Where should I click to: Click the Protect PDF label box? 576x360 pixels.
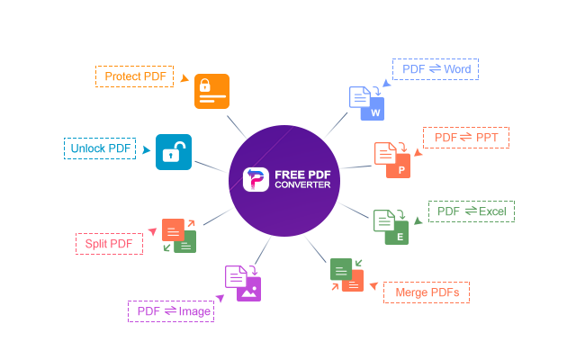tap(135, 76)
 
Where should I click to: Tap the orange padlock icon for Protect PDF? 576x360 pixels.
tap(211, 91)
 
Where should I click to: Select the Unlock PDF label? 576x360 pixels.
tap(100, 148)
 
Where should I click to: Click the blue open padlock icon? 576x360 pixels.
tap(173, 152)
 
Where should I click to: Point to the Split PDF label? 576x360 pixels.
tap(109, 243)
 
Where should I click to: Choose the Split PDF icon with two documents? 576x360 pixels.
tap(179, 235)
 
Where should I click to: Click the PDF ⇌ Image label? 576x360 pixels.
tap(171, 311)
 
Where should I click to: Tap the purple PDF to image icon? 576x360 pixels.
tap(242, 283)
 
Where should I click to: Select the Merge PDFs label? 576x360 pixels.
tap(427, 292)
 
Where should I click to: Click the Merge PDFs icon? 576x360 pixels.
tap(346, 275)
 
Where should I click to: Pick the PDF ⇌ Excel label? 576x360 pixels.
tap(471, 211)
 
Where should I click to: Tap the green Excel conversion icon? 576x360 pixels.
tap(391, 227)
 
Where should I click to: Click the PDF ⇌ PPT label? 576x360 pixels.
tap(466, 138)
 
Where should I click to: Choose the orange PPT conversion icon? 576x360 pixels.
tap(392, 159)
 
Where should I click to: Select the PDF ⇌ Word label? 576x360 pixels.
tap(436, 69)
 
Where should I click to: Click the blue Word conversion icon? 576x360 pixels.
tap(366, 103)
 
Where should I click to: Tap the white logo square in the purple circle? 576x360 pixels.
tap(256, 180)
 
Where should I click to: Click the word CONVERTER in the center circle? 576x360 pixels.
tap(301, 185)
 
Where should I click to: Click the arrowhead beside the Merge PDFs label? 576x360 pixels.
tap(373, 287)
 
